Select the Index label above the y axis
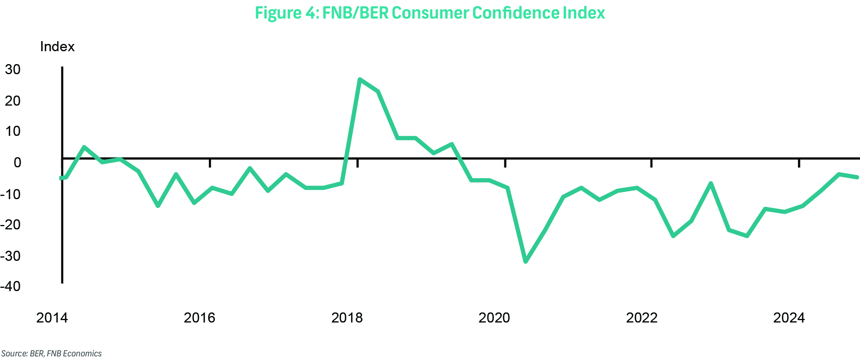point(57,47)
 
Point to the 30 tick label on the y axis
point(12,69)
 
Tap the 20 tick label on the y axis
point(12,100)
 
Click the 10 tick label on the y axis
point(12,131)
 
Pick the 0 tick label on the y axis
point(17,162)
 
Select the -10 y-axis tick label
point(10,194)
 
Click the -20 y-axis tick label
point(10,225)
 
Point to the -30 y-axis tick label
point(10,256)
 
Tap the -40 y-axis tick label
point(10,286)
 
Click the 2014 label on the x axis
point(52,318)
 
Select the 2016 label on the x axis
point(200,318)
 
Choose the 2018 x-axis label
point(347,318)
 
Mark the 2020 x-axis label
point(494,318)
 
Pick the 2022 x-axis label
point(641,318)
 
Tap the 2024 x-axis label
point(789,318)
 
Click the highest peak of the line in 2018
point(360,79)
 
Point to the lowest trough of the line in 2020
point(526,261)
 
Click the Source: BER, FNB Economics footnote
point(51,354)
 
